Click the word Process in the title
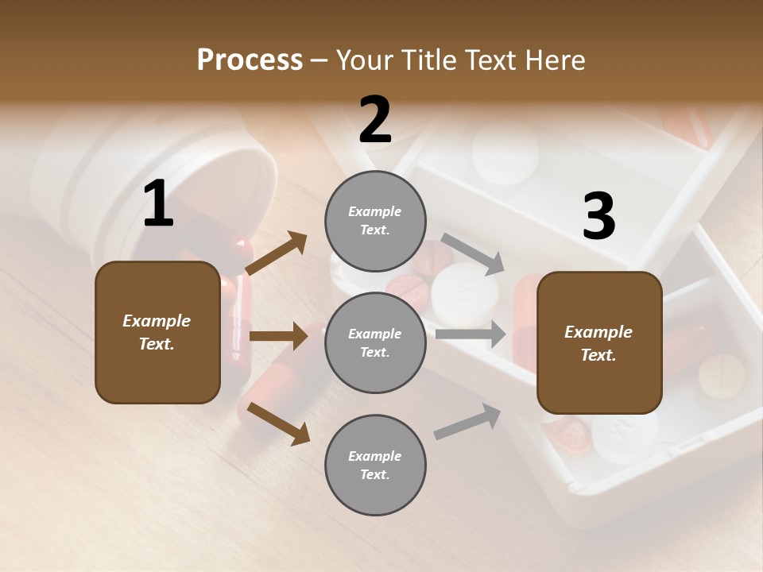click(250, 60)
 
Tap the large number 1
click(158, 204)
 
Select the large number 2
click(375, 120)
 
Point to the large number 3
click(598, 217)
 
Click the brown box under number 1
click(157, 332)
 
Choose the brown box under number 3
click(599, 343)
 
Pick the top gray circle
click(375, 221)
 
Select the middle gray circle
click(375, 343)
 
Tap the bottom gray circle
click(375, 466)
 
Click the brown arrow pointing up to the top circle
click(277, 253)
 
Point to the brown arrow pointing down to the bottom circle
click(278, 423)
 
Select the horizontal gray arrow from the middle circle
click(470, 334)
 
